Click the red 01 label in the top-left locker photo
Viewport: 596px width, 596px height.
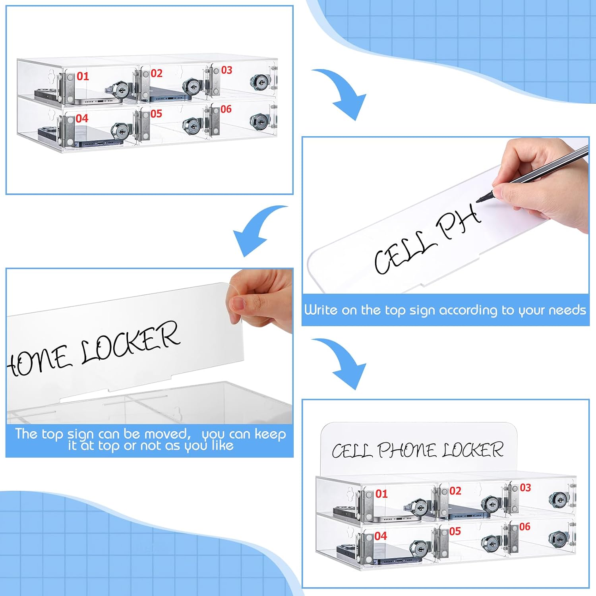click(x=83, y=76)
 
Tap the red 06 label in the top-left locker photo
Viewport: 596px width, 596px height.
click(x=226, y=109)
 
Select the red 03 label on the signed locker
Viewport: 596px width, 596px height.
click(x=525, y=488)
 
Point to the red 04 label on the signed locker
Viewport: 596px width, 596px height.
click(x=381, y=536)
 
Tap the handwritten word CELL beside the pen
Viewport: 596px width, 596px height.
click(x=402, y=253)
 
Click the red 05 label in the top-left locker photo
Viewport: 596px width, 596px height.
click(x=156, y=114)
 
